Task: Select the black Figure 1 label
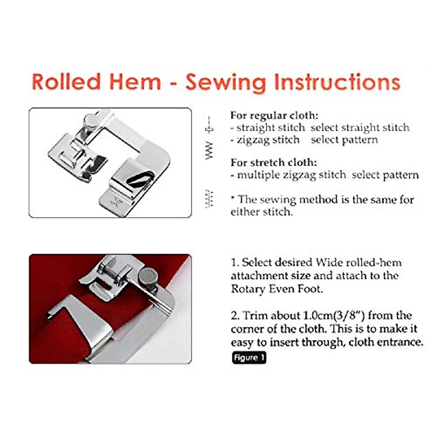pyautogui.click(x=249, y=358)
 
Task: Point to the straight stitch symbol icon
pyautogui.click(x=209, y=126)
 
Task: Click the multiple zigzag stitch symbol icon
pyautogui.click(x=209, y=199)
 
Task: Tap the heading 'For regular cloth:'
pyautogui.click(x=274, y=116)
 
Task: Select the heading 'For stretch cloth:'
pyautogui.click(x=274, y=162)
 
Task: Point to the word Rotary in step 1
pyautogui.click(x=248, y=289)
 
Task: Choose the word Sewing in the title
pyautogui.click(x=225, y=82)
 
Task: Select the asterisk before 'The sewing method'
pyautogui.click(x=233, y=198)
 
